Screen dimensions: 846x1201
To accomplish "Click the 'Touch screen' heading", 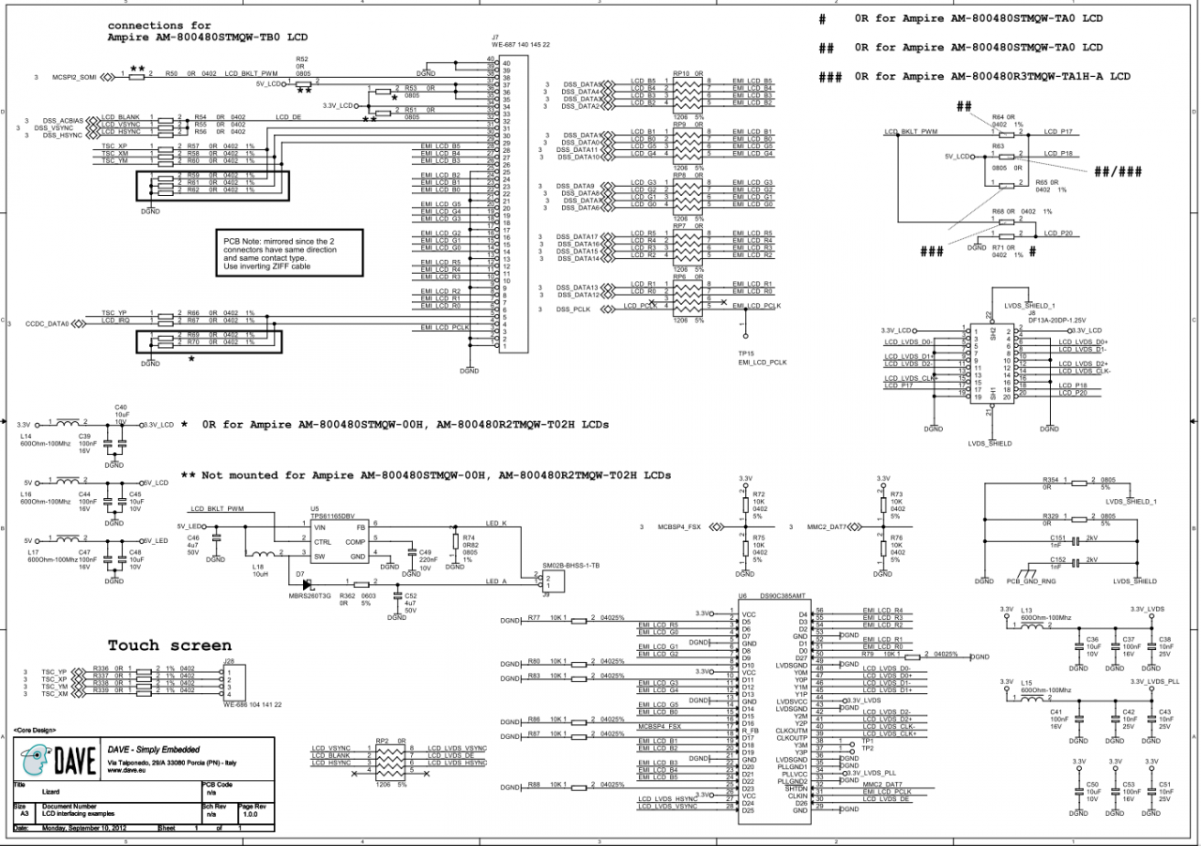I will (169, 645).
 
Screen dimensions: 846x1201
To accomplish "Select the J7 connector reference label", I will (495, 38).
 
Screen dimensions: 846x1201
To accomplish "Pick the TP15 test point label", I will (747, 354).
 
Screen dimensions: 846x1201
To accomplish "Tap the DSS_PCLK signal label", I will (572, 309).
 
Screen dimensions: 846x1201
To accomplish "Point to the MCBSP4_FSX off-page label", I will (679, 527).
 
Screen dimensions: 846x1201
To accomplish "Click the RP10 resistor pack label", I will (681, 73).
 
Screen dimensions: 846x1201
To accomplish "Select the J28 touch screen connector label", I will (229, 662).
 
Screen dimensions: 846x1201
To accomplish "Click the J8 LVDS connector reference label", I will (1031, 313).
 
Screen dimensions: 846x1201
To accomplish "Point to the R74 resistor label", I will (469, 536).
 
